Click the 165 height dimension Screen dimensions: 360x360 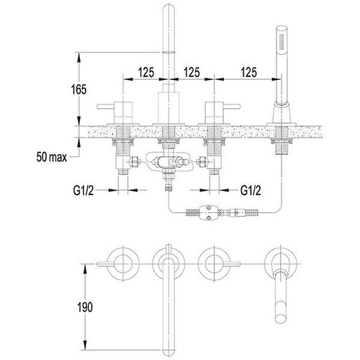pos(78,89)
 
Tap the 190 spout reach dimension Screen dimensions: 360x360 pos(85,307)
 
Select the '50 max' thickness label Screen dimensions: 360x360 pos(52,157)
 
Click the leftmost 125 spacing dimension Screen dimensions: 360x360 pos(146,72)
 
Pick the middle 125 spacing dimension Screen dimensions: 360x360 pos(192,72)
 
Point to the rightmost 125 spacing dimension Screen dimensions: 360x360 pos(249,72)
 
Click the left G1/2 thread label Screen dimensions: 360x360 pos(84,191)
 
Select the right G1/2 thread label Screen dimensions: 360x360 pos(251,191)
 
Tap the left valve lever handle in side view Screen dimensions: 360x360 pos(106,106)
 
